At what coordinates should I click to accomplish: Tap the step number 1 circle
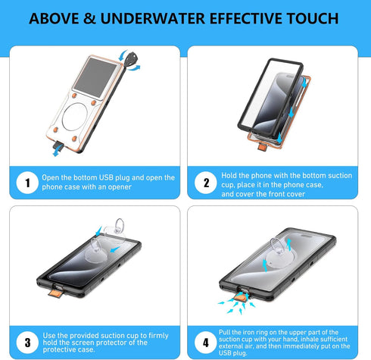click(x=26, y=183)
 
